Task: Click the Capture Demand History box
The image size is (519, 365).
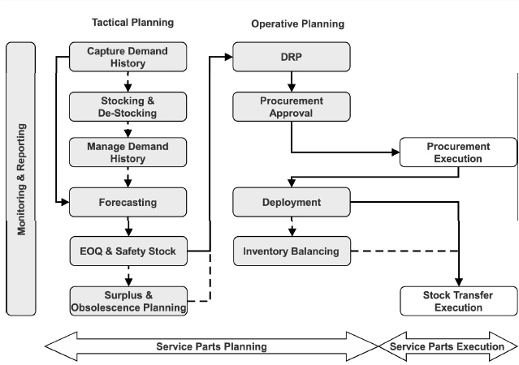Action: click(128, 57)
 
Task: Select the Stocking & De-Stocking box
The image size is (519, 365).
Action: click(128, 106)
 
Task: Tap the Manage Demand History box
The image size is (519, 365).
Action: click(128, 152)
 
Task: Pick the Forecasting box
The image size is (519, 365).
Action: click(128, 202)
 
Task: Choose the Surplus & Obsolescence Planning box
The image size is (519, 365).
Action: click(128, 300)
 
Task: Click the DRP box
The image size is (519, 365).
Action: click(292, 57)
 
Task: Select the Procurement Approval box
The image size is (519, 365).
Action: click(292, 106)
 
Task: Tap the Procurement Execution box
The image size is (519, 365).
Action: click(458, 152)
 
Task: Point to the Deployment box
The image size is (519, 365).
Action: click(292, 202)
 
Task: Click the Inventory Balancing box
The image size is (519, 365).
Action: click(292, 251)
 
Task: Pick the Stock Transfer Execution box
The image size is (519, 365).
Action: click(458, 300)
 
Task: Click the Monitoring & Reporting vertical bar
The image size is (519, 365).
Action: click(21, 178)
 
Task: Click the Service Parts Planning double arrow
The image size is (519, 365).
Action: click(211, 346)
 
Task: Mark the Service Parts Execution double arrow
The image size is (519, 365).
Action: click(447, 346)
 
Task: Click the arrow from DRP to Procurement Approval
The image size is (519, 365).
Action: click(292, 81)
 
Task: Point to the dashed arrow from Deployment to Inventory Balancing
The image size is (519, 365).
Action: click(292, 225)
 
